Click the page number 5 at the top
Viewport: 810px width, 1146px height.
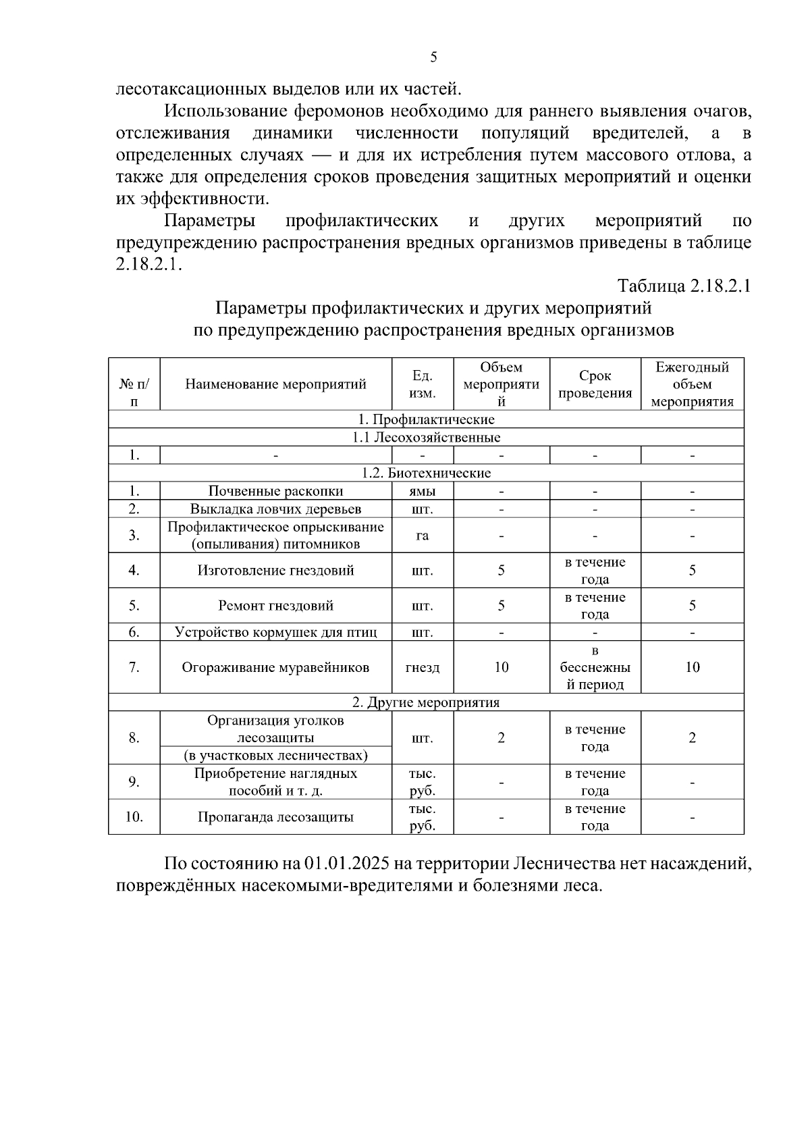tap(433, 57)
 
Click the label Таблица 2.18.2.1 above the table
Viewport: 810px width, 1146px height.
tap(684, 286)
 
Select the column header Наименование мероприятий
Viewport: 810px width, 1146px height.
tap(275, 384)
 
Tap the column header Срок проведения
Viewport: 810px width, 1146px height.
tap(595, 384)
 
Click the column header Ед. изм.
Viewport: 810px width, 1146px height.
tap(423, 384)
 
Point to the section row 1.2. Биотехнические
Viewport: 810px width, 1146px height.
tap(426, 473)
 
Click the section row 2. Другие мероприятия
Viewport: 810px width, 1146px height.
tap(426, 702)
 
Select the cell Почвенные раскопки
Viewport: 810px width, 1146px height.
tap(275, 491)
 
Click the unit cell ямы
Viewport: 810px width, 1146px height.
tap(423, 491)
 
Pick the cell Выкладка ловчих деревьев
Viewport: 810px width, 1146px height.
tap(275, 509)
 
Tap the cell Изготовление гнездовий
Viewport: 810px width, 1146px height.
tap(275, 571)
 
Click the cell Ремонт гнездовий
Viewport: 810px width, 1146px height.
tap(275, 606)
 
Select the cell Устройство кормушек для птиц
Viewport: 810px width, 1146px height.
tap(275, 632)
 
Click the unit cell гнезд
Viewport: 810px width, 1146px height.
tap(423, 667)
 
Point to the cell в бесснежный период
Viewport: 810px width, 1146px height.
tap(595, 667)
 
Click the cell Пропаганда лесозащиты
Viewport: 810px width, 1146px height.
tap(275, 817)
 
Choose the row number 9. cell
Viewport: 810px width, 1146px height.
tap(134, 782)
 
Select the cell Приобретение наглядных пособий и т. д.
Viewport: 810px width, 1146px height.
tap(275, 782)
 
